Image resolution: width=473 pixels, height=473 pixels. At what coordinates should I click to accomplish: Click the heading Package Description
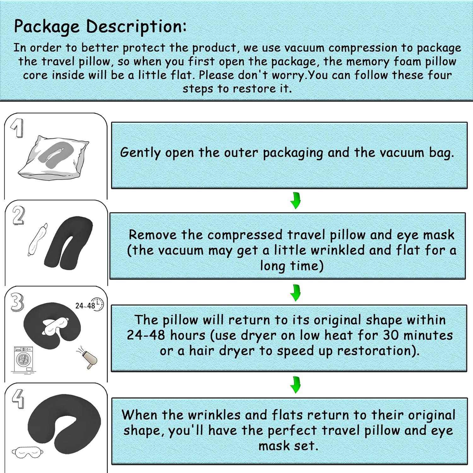100,26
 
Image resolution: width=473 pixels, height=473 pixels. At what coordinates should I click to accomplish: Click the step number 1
16,128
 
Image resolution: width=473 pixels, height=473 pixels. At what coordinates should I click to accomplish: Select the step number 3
17,302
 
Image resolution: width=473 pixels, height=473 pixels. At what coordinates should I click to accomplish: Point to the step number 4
18,399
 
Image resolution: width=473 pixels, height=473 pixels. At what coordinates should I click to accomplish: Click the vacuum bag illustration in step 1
54,157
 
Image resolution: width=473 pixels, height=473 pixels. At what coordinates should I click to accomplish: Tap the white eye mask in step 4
28,453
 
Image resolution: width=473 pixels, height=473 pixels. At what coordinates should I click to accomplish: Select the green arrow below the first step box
295,201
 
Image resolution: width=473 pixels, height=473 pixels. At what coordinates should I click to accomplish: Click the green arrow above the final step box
295,384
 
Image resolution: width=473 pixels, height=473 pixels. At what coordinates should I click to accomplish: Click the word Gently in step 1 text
140,153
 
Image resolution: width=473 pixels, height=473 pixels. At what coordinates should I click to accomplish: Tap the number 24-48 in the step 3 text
146,335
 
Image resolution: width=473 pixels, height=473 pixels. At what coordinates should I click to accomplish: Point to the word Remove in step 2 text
153,235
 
